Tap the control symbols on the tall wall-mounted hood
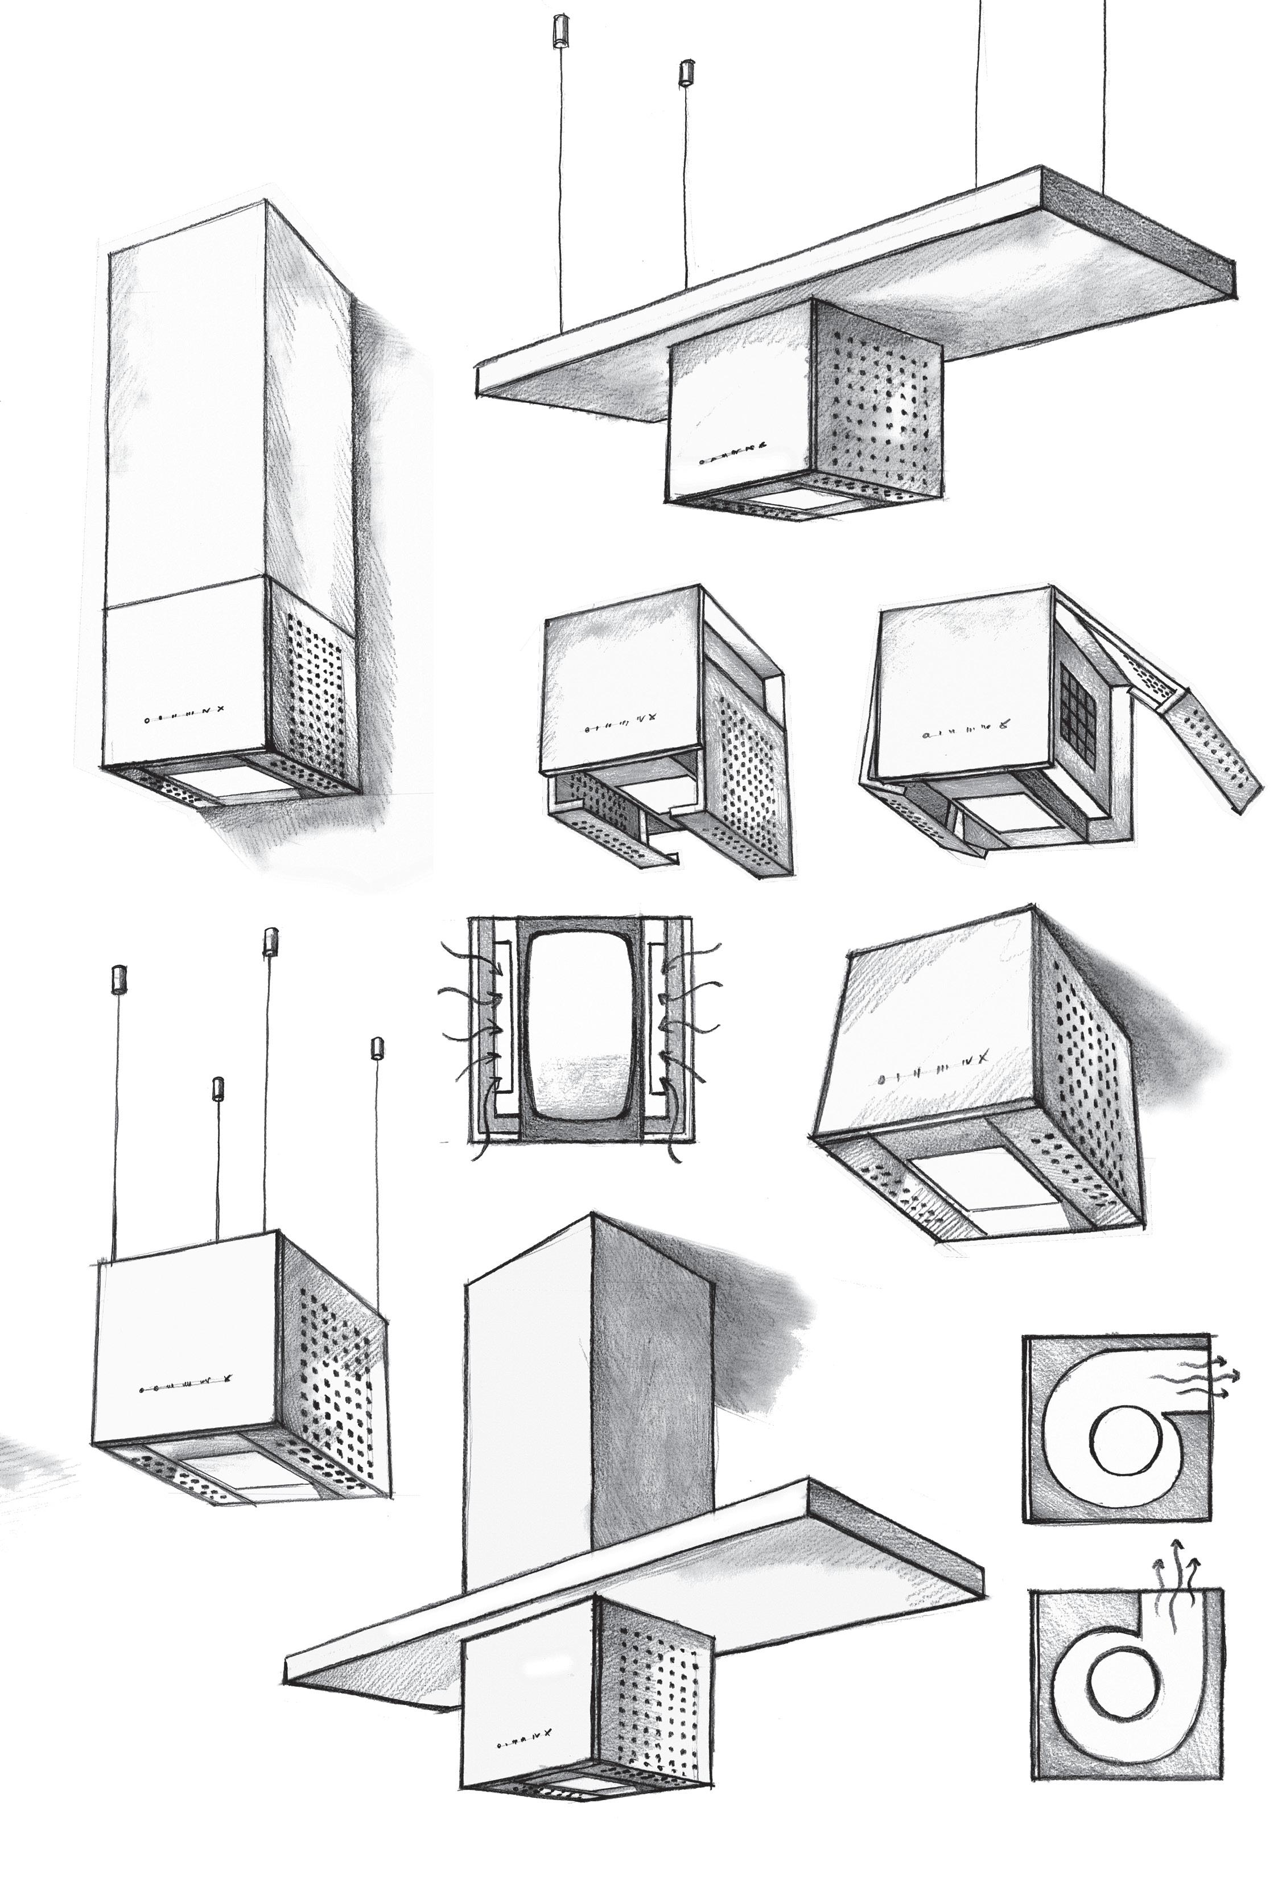pos(182,719)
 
